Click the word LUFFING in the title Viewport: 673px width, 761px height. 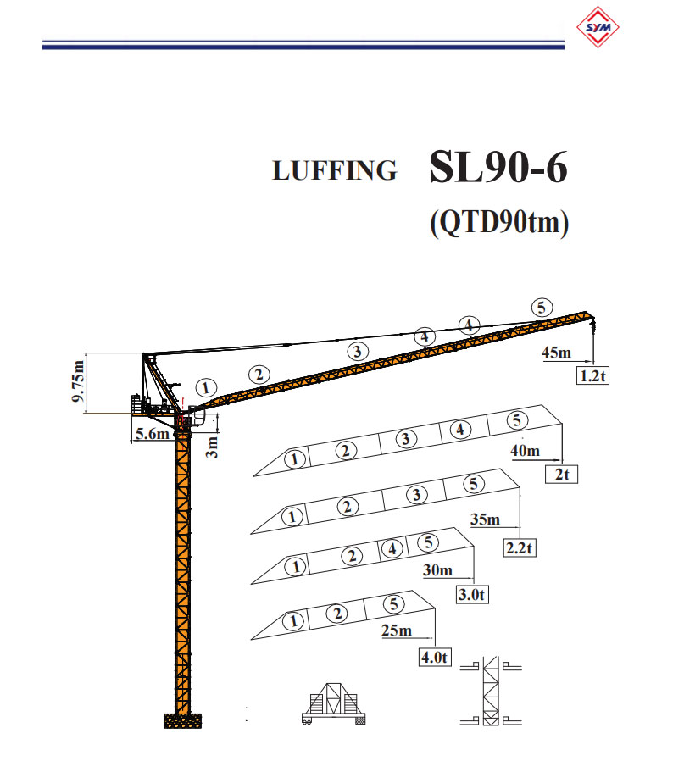[334, 170]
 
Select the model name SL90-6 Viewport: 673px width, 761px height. [498, 168]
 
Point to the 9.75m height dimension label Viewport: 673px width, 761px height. [79, 383]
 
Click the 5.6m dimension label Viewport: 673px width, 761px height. [153, 434]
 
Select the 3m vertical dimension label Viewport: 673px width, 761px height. [213, 446]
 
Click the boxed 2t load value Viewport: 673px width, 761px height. [560, 475]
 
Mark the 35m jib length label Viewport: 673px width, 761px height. [484, 519]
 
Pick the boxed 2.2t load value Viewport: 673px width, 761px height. [519, 547]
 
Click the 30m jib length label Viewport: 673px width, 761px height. [438, 570]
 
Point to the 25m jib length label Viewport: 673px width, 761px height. [395, 630]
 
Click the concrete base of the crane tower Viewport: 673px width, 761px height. [183, 720]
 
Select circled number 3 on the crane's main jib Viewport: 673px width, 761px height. [358, 350]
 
